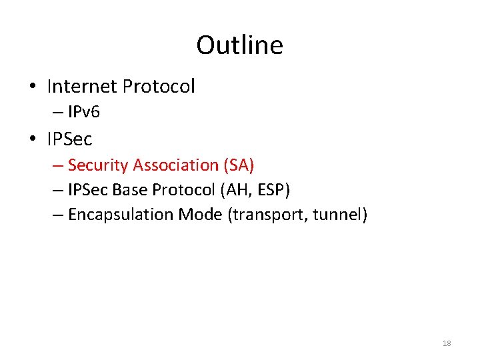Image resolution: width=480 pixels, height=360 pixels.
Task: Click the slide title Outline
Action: (239, 45)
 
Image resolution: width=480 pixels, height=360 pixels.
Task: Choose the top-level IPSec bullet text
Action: (69, 139)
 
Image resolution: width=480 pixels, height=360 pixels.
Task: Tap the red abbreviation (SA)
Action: (238, 165)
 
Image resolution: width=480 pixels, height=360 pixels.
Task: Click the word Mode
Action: (200, 215)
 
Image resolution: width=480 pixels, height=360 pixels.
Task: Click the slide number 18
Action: (447, 343)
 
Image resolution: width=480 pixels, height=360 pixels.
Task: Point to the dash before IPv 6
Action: (55, 112)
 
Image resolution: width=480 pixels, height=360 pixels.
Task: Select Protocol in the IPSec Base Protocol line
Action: (181, 190)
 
